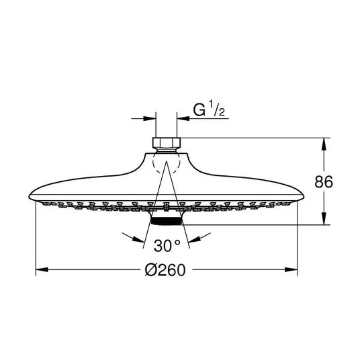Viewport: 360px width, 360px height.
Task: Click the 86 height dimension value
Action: coord(324,182)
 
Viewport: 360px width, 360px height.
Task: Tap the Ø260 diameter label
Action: coord(165,270)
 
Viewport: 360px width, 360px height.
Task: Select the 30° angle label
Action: coord(167,246)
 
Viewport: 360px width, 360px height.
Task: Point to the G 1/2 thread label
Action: coord(209,109)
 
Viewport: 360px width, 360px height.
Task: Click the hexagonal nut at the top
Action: coord(167,142)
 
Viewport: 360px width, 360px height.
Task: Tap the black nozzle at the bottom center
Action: coord(167,221)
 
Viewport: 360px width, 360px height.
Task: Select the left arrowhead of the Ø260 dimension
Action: coord(42,269)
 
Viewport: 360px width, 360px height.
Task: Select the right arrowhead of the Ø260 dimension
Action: coord(291,269)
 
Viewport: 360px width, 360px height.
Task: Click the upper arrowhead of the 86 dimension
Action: coord(324,144)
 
